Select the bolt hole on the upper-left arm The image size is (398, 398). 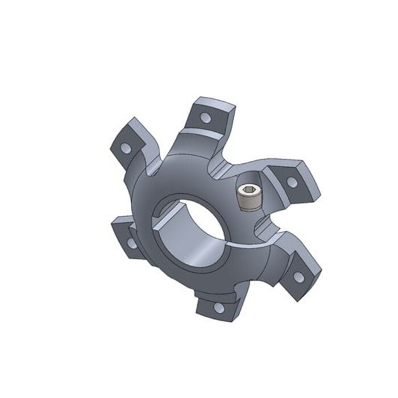pyautogui.click(x=125, y=147)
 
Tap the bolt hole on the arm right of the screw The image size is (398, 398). pyautogui.click(x=292, y=182)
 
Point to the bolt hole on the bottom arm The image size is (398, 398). pyautogui.click(x=218, y=308)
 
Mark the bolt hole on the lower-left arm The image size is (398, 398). pyautogui.click(x=131, y=243)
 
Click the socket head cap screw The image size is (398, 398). pyautogui.click(x=248, y=197)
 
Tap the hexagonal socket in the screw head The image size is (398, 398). pyautogui.click(x=248, y=190)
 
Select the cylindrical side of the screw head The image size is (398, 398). pyautogui.click(x=248, y=202)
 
